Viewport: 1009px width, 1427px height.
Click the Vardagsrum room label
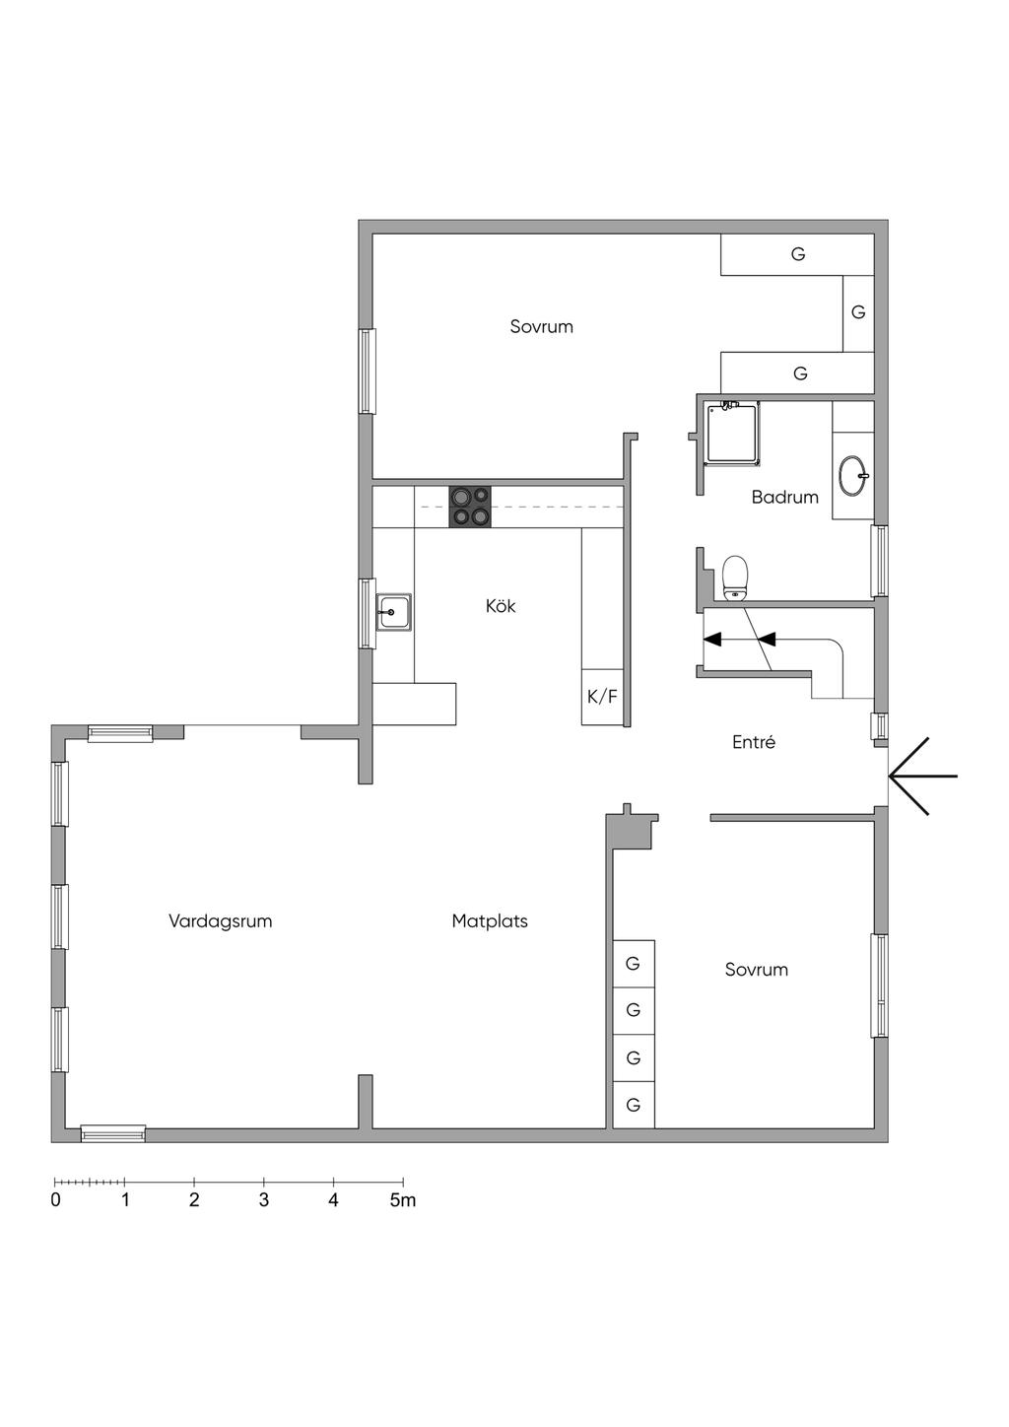pos(220,921)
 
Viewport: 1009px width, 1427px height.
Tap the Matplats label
pos(490,921)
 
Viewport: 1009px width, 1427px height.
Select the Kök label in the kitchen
pos(501,606)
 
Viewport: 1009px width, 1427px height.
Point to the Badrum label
pos(784,497)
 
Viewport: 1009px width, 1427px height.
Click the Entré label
pos(753,742)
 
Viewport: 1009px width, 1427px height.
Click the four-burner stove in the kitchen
pos(470,507)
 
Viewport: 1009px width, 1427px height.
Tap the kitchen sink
pos(393,612)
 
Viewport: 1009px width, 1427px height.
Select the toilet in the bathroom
pos(735,578)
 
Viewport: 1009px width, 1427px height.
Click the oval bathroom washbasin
pos(853,475)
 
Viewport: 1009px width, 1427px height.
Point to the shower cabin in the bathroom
pos(732,432)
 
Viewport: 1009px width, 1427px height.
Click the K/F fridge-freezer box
pos(602,697)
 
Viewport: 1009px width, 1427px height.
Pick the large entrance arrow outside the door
pos(923,777)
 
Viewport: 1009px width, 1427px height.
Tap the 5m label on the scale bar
pos(402,1200)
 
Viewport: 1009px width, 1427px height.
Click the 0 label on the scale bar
pos(55,1200)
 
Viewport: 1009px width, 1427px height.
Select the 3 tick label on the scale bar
pos(264,1200)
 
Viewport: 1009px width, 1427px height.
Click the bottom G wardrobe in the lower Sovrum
pos(634,1105)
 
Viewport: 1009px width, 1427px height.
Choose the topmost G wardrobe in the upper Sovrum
pos(797,254)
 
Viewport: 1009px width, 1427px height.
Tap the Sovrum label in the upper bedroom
pos(541,326)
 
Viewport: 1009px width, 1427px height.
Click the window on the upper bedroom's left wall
pos(367,371)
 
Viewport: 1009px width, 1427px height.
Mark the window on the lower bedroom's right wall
pos(879,985)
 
